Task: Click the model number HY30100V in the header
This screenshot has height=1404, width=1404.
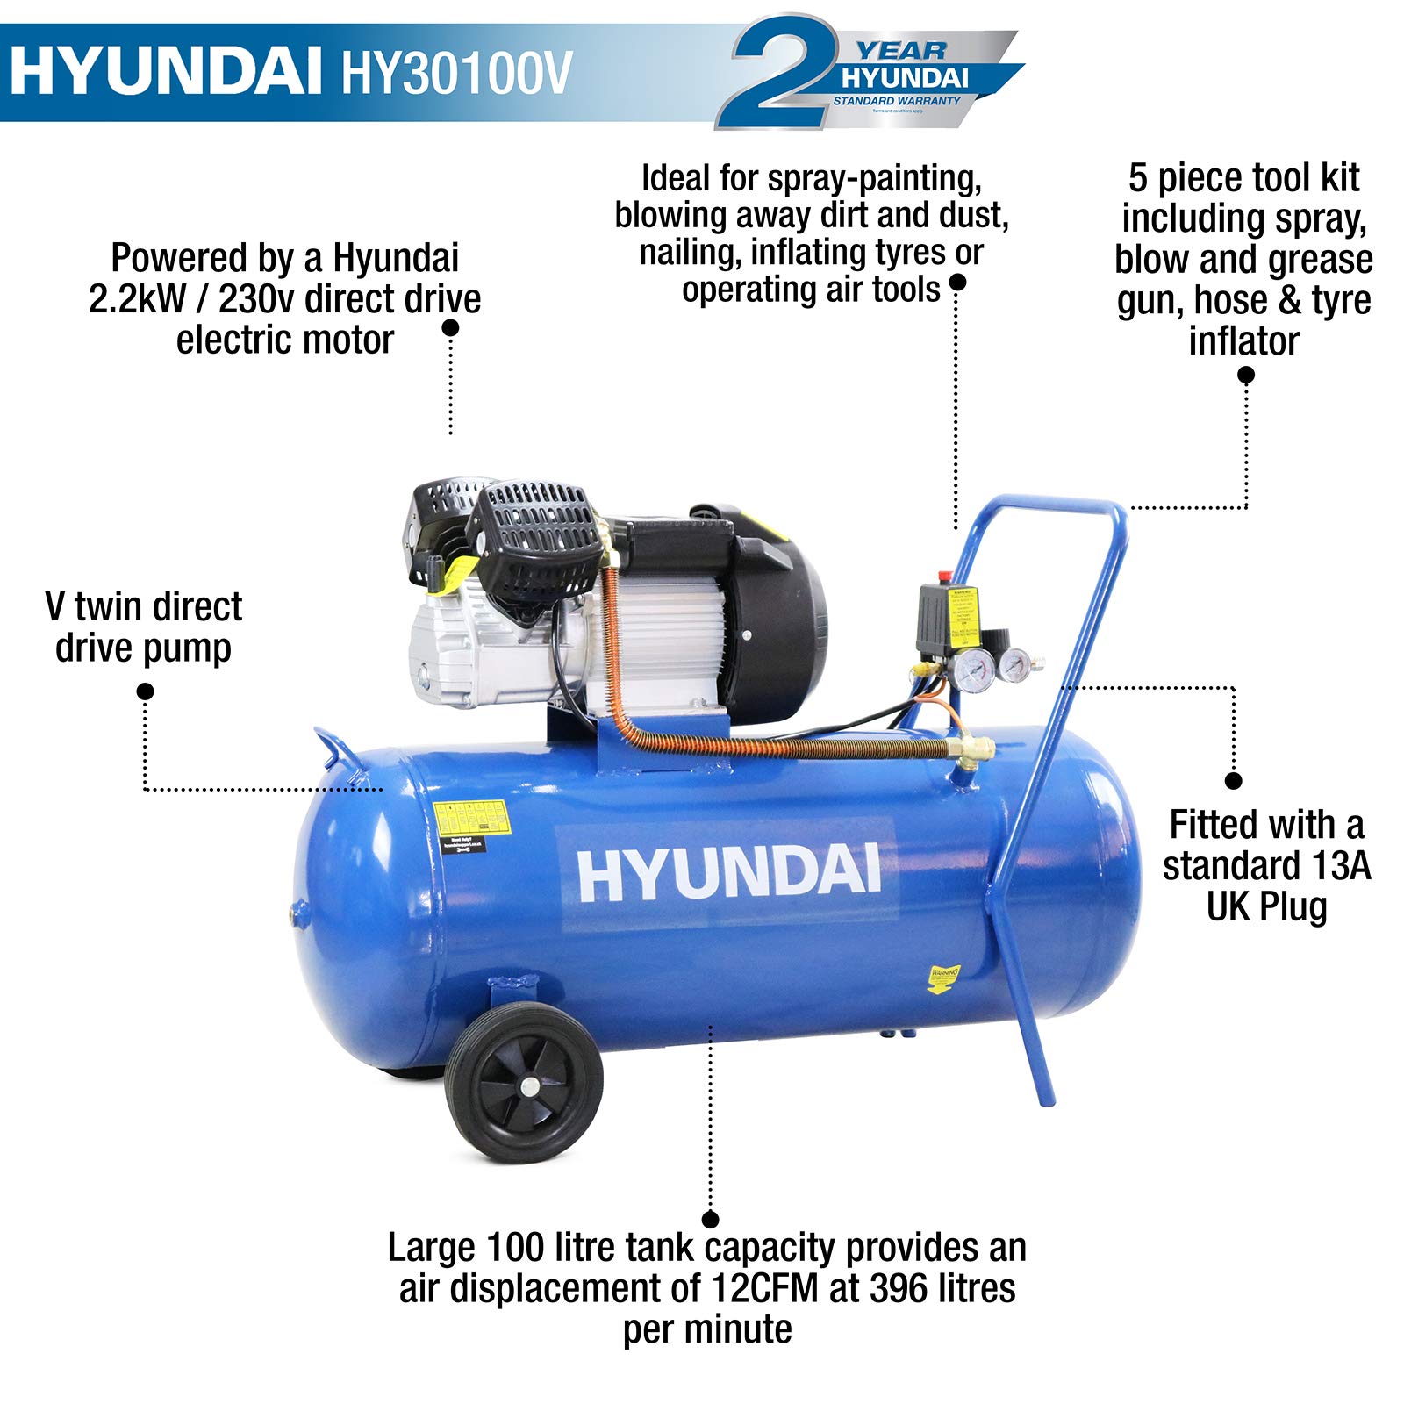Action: click(456, 73)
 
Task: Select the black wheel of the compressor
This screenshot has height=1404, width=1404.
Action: click(524, 1084)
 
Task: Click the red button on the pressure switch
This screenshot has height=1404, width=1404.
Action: click(945, 577)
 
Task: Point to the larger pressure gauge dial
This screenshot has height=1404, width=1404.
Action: click(974, 672)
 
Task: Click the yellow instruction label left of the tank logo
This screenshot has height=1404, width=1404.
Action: click(471, 818)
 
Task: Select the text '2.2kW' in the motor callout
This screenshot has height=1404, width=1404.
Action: click(136, 299)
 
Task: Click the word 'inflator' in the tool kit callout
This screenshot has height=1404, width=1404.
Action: click(1243, 340)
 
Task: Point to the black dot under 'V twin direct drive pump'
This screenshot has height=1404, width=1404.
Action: click(146, 691)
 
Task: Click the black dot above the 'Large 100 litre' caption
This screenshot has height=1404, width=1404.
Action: click(711, 1220)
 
